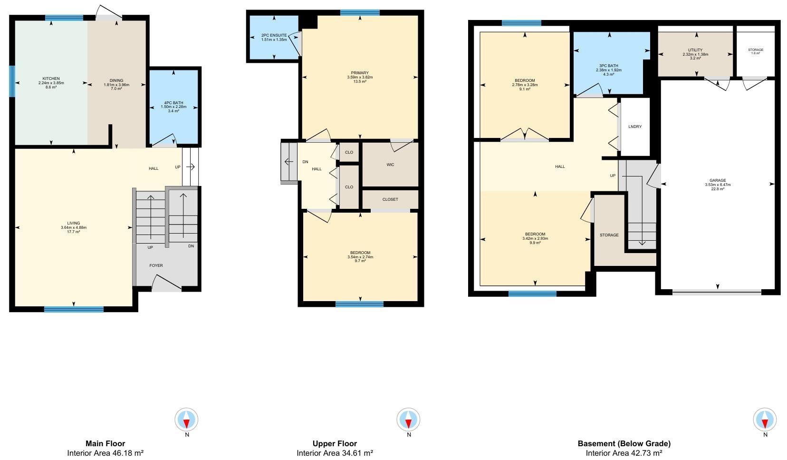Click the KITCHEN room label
pos(51,78)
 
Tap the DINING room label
pos(116,80)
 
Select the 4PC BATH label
pos(173,103)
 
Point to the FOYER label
pos(156,265)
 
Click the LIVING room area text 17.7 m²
pos(74,232)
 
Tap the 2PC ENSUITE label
pos(274,35)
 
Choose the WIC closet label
pos(390,165)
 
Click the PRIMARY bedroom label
pos(360,73)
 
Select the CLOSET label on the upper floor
pos(390,199)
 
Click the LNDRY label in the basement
pos(635,127)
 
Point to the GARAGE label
pos(718,180)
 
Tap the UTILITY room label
pos(695,50)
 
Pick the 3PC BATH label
pos(609,66)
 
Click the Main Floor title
pos(106,443)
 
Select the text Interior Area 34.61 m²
pos(335,453)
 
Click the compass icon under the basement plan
pos(765,420)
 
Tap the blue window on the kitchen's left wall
pos(12,81)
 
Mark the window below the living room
pos(74,310)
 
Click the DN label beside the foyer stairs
pos(191,246)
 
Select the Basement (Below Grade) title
pos(624,443)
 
